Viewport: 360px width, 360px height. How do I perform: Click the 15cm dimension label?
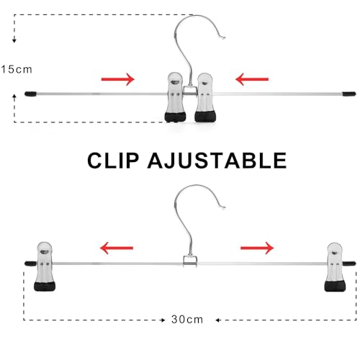pos(17,70)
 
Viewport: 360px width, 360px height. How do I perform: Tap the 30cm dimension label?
pos(187,320)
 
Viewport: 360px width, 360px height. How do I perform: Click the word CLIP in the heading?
pos(113,161)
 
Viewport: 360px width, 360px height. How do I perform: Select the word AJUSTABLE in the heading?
pos(217,161)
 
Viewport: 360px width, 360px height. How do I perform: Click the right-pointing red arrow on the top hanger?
pos(117,79)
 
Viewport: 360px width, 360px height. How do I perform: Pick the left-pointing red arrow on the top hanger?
pos(252,79)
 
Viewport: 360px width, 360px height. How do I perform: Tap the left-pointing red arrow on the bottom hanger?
pos(117,248)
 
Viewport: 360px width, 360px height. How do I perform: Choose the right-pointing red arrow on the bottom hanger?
pos(257,248)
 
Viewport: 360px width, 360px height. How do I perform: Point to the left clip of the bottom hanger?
pos(45,266)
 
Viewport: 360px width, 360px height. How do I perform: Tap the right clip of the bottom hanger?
pos(335,267)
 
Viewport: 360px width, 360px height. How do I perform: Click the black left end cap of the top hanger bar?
pos(30,94)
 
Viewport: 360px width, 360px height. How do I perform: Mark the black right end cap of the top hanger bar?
pos(349,94)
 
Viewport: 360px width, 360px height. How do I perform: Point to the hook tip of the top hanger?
pos(224,37)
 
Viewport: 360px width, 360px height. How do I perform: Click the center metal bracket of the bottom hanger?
pos(190,261)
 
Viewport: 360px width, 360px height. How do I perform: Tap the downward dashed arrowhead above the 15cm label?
pos(14,40)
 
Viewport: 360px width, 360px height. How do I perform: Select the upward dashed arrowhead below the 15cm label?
pos(14,97)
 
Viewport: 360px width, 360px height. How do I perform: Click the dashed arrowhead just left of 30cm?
pos(163,320)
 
